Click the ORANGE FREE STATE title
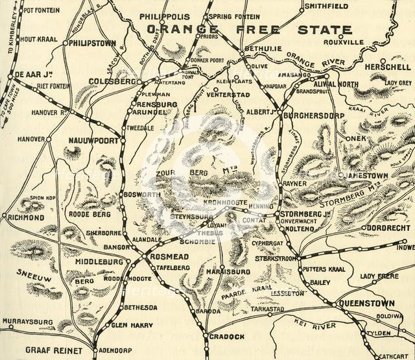click(x=249, y=30)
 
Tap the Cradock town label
click(x=226, y=337)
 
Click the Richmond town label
click(x=28, y=217)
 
